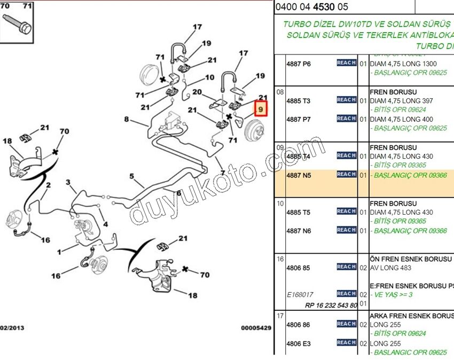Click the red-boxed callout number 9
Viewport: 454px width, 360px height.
tap(261, 109)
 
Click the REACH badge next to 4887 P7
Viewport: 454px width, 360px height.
tap(346, 119)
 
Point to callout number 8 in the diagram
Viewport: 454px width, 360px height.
tap(127, 119)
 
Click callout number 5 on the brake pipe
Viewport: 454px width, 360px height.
tap(131, 176)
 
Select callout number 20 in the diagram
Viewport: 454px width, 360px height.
tap(197, 92)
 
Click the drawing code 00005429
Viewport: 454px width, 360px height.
tap(256, 327)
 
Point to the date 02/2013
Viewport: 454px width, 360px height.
tap(12, 327)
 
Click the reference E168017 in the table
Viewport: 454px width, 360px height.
tap(300, 294)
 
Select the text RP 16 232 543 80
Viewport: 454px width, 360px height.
tap(331, 306)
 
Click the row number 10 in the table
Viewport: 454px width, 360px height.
tap(280, 204)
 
